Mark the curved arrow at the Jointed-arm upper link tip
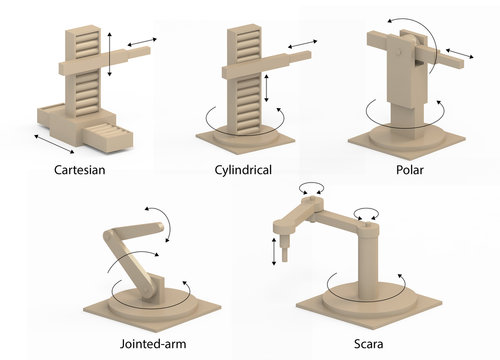[160, 218]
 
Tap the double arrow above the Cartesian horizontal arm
[140, 39]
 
